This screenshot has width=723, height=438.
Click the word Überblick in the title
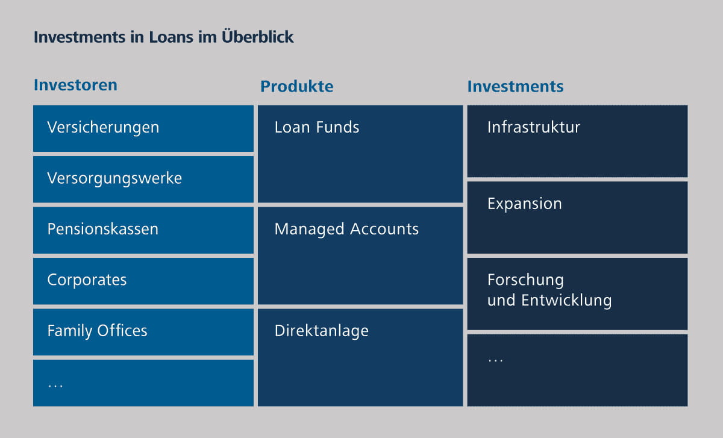coord(258,36)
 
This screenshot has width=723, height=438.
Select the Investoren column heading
coord(75,85)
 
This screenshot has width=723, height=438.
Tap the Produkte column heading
coord(296,87)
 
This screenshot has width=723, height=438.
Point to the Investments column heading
coord(516,87)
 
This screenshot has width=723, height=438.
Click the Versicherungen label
coord(103,128)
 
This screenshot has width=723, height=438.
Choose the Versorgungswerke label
coord(114,179)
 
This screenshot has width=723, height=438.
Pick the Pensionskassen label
coord(103,229)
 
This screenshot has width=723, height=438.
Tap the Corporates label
coord(87,280)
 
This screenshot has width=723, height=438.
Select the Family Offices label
coord(97,331)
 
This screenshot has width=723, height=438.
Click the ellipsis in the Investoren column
coord(55,386)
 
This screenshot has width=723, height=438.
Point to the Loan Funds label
coord(317,127)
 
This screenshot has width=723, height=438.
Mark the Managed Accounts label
coord(346,230)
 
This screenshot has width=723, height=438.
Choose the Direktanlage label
coord(322,331)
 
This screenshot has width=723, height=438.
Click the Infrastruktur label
coord(534,127)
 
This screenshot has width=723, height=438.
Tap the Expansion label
coord(525,204)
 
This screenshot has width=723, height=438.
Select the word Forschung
coord(526,280)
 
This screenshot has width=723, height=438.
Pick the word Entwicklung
coord(566,301)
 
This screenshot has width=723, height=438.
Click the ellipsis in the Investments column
coord(495,360)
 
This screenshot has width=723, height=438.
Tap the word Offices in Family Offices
coord(122,331)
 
